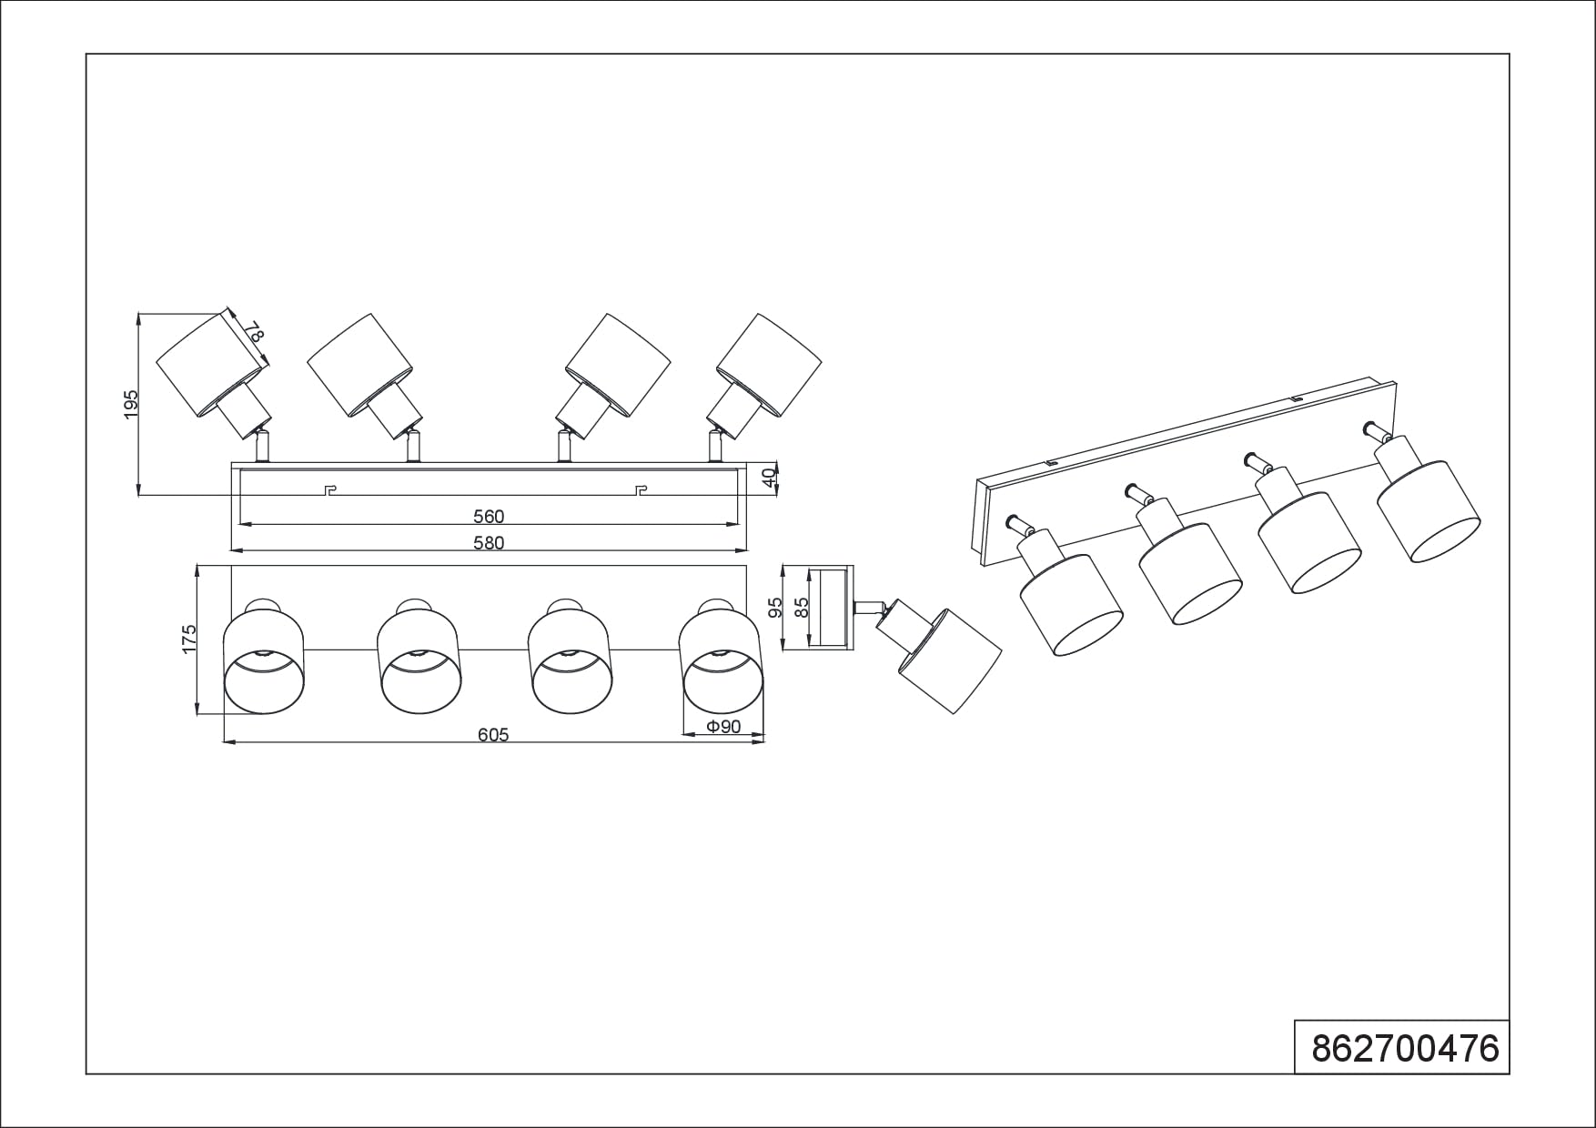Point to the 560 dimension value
tap(489, 517)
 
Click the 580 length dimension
tap(489, 543)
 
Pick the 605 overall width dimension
tap(493, 735)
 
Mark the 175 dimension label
tap(189, 639)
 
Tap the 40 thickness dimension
tap(770, 477)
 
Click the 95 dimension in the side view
tap(776, 608)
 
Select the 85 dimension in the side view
tap(802, 608)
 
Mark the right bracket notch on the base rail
tap(642, 491)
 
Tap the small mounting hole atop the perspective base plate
tap(1296, 398)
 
